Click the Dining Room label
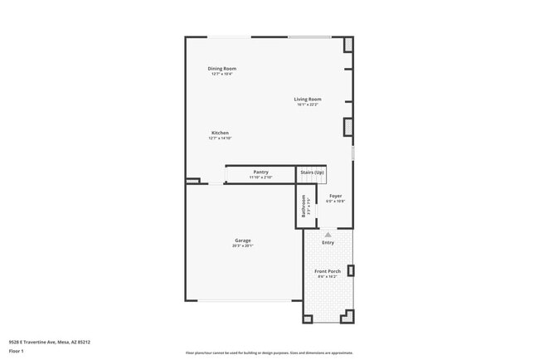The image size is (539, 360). (x=221, y=68)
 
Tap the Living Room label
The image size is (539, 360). (x=308, y=100)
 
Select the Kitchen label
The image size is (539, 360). (x=220, y=133)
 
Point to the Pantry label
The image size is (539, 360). (x=260, y=172)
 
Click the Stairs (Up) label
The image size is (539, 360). (x=312, y=172)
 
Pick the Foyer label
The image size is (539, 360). (x=335, y=196)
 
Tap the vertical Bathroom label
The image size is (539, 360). (x=303, y=206)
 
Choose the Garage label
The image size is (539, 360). (x=242, y=241)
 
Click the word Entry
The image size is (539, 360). (x=328, y=242)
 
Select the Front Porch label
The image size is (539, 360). (x=328, y=271)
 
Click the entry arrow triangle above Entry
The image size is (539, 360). (x=328, y=235)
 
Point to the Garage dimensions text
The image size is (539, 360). (x=242, y=246)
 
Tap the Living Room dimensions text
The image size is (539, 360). (x=308, y=105)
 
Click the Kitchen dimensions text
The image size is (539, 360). (x=220, y=138)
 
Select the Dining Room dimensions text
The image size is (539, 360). (x=221, y=74)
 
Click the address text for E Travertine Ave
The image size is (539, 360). (x=49, y=341)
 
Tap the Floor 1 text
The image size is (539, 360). (x=17, y=351)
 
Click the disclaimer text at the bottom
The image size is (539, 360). (x=269, y=353)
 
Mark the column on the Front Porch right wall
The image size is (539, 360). (x=351, y=270)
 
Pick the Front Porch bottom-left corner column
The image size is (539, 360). (x=308, y=316)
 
